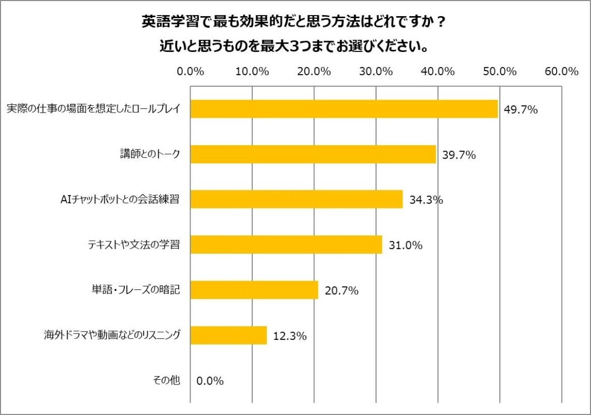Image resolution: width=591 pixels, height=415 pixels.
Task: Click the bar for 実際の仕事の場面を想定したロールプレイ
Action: pos(344,109)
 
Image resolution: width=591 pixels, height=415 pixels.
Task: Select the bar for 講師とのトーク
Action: pos(313,154)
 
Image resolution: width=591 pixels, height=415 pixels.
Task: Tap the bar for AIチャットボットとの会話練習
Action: pos(296,199)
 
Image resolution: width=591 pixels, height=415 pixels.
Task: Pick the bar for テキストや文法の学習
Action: pos(286,244)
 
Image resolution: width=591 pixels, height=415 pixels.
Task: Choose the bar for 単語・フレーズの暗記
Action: pos(254,290)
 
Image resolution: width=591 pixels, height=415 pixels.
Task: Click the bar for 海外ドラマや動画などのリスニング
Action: pos(228,335)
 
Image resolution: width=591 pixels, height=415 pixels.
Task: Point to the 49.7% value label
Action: pos(521,109)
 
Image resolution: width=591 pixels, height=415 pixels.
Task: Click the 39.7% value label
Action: pos(458,155)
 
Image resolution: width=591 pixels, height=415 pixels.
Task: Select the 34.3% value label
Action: pos(426,200)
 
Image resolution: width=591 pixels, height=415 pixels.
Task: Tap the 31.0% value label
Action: pos(406,245)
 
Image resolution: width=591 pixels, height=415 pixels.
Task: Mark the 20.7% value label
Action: pos(342,290)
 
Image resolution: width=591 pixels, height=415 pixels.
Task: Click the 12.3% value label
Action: pos(290,336)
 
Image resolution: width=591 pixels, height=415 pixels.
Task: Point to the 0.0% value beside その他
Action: pos(210,381)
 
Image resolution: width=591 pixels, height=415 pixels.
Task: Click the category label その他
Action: pos(166,380)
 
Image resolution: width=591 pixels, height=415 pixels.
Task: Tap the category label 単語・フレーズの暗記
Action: pos(133,290)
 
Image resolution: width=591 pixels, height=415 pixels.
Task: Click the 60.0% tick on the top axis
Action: pos(561,72)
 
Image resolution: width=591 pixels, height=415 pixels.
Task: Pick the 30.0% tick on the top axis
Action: pos(376,72)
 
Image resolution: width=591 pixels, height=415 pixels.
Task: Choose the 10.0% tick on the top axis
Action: pos(252,72)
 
